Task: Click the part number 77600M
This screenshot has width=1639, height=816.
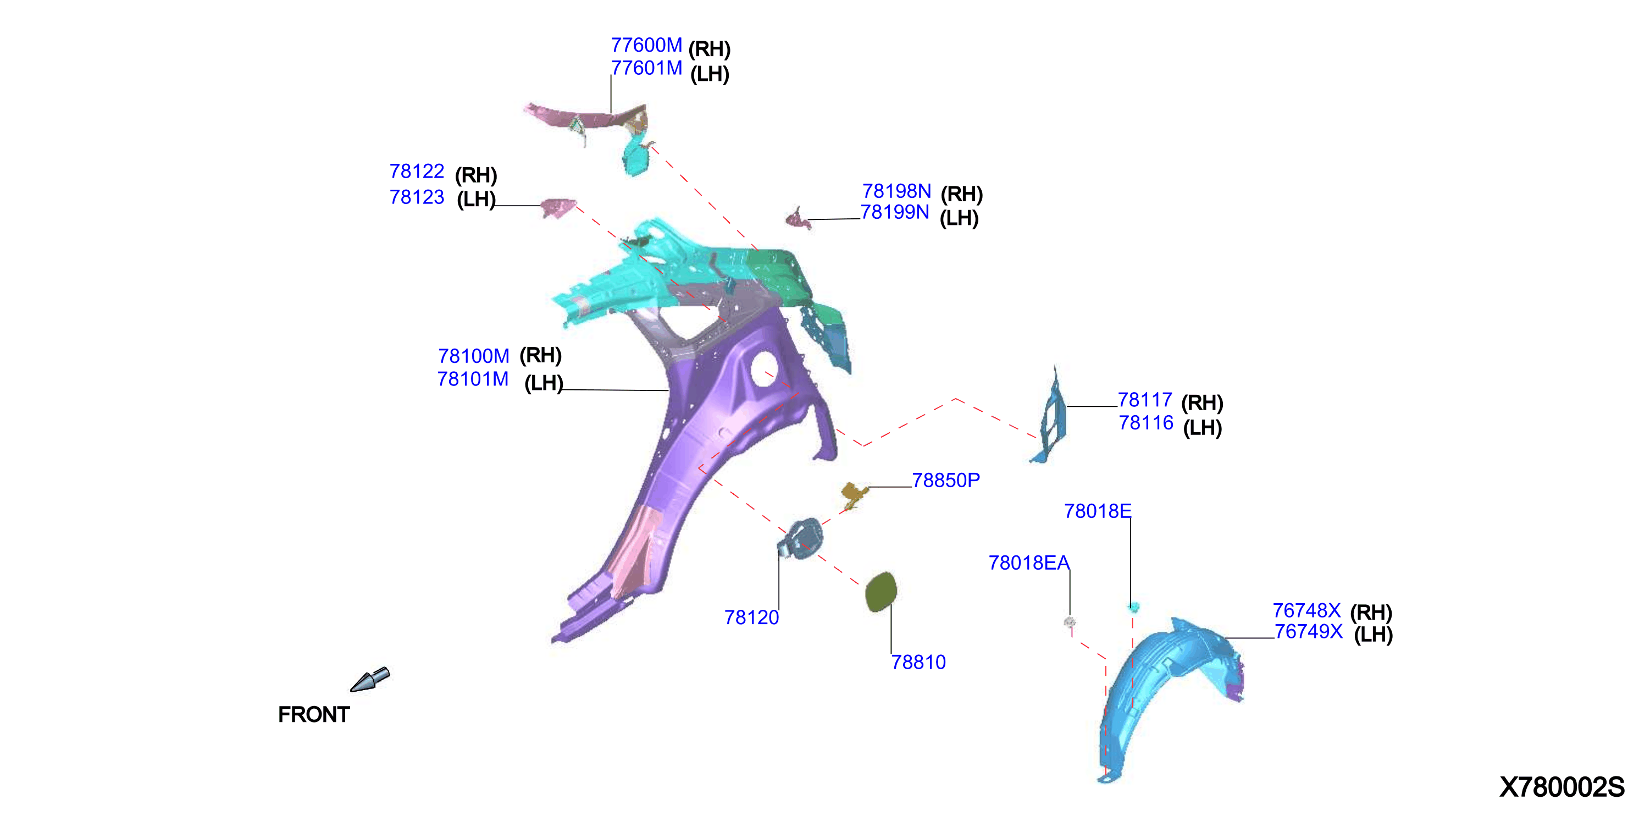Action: pyautogui.click(x=646, y=45)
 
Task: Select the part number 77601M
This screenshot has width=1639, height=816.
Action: pyautogui.click(x=646, y=68)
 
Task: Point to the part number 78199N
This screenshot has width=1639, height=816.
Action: pyautogui.click(x=895, y=212)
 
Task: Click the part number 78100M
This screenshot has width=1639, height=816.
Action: pyautogui.click(x=473, y=356)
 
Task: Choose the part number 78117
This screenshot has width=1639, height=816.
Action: pyautogui.click(x=1145, y=400)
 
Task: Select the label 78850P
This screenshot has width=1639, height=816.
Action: pyautogui.click(x=946, y=481)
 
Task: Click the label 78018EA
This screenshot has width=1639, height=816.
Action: pyautogui.click(x=1029, y=563)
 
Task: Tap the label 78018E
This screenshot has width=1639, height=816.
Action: pyautogui.click(x=1098, y=511)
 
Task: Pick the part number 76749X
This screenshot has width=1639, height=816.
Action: pyautogui.click(x=1309, y=631)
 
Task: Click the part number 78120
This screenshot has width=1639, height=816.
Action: pyautogui.click(x=751, y=617)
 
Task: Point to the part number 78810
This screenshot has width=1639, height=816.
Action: pyautogui.click(x=919, y=663)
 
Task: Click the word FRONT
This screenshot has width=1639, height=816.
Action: pyautogui.click(x=314, y=715)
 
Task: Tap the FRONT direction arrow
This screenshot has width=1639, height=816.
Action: pyautogui.click(x=370, y=679)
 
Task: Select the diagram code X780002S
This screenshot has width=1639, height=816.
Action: pyautogui.click(x=1562, y=787)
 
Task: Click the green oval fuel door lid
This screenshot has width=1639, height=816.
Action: pyautogui.click(x=881, y=592)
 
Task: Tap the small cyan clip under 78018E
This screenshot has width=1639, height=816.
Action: pyautogui.click(x=1133, y=607)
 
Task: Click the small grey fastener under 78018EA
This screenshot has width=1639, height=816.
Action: pyautogui.click(x=1070, y=622)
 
